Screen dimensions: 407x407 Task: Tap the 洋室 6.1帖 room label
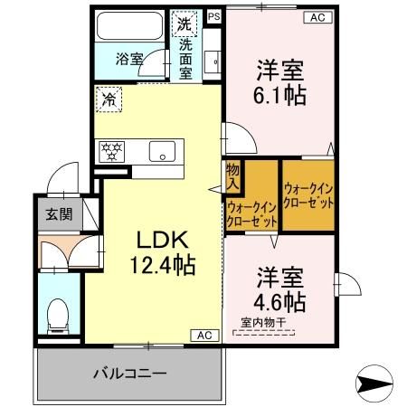click(279, 80)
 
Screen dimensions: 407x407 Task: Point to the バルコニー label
click(128, 373)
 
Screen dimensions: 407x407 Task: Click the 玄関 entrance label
click(58, 216)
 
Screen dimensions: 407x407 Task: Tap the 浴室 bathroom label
click(128, 60)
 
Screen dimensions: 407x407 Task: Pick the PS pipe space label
click(213, 16)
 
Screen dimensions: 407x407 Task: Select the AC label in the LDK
click(204, 336)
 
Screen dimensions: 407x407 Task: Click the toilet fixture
click(59, 313)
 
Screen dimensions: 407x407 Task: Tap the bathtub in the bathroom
click(128, 28)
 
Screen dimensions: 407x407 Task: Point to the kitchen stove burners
click(112, 151)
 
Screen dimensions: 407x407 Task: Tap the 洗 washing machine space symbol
click(185, 22)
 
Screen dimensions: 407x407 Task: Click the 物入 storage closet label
click(232, 177)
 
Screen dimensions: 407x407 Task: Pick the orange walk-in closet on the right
click(308, 196)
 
